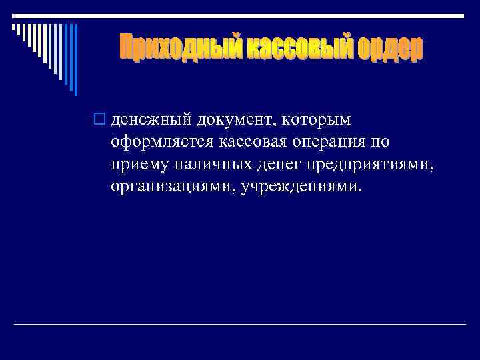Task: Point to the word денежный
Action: pos(151,121)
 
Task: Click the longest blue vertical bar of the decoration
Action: pos(75,59)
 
